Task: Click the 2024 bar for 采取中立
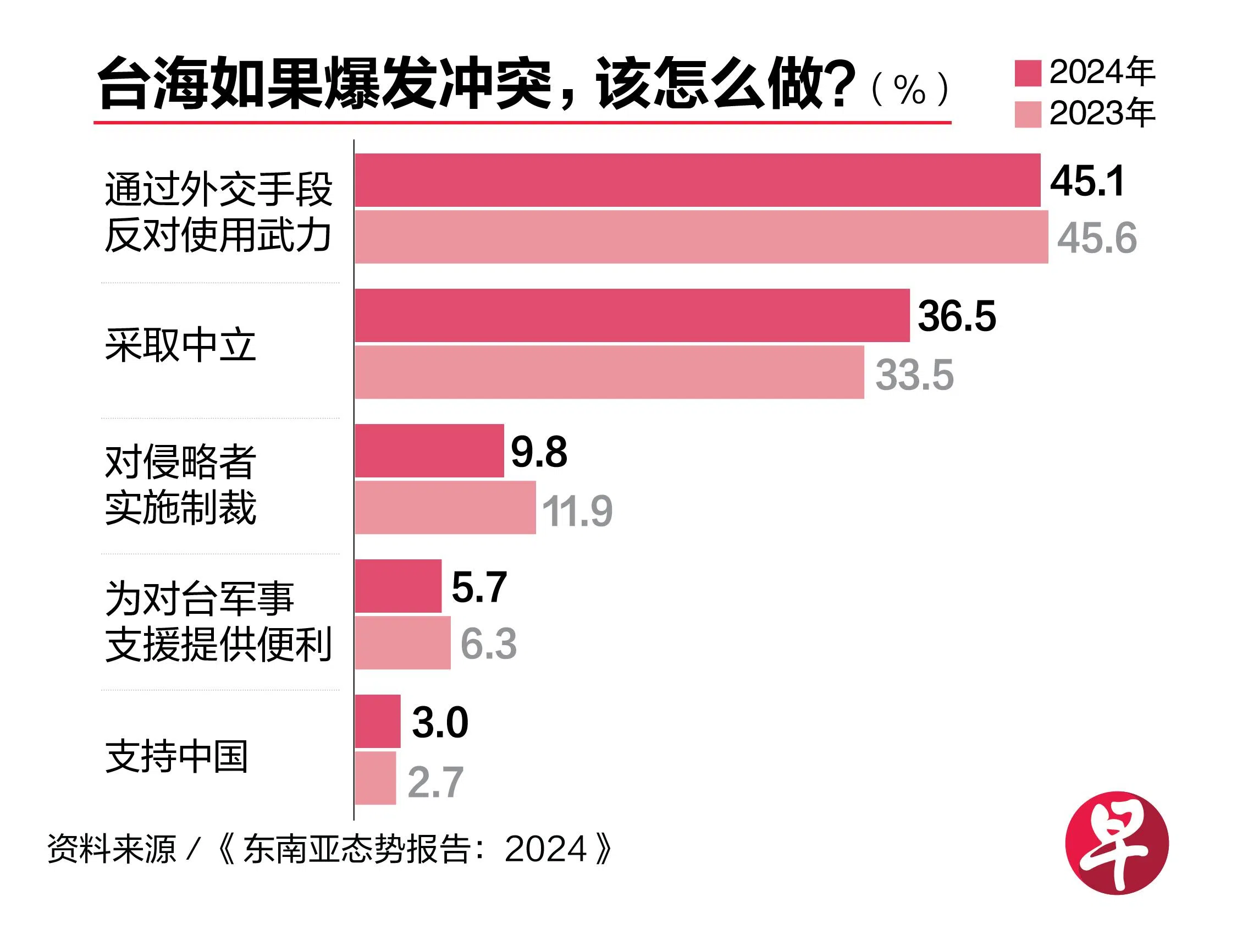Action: coord(632,315)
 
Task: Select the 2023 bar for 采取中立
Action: coord(609,372)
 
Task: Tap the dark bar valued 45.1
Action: coord(697,180)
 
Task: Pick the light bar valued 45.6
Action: coord(700,237)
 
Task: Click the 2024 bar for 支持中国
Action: coord(377,722)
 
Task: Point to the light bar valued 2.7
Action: coord(375,778)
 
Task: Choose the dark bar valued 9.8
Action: coord(429,450)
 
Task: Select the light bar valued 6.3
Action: coord(402,642)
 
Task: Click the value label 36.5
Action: coord(956,316)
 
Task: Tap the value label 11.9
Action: coord(576,512)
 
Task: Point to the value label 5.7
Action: coord(479,587)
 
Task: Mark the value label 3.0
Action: coord(439,723)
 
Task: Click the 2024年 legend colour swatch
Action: coord(1027,73)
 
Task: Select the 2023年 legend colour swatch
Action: coord(1027,114)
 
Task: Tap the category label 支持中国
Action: coord(176,756)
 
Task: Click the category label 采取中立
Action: coord(180,345)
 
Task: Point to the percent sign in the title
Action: coord(909,90)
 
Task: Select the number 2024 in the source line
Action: coord(545,849)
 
